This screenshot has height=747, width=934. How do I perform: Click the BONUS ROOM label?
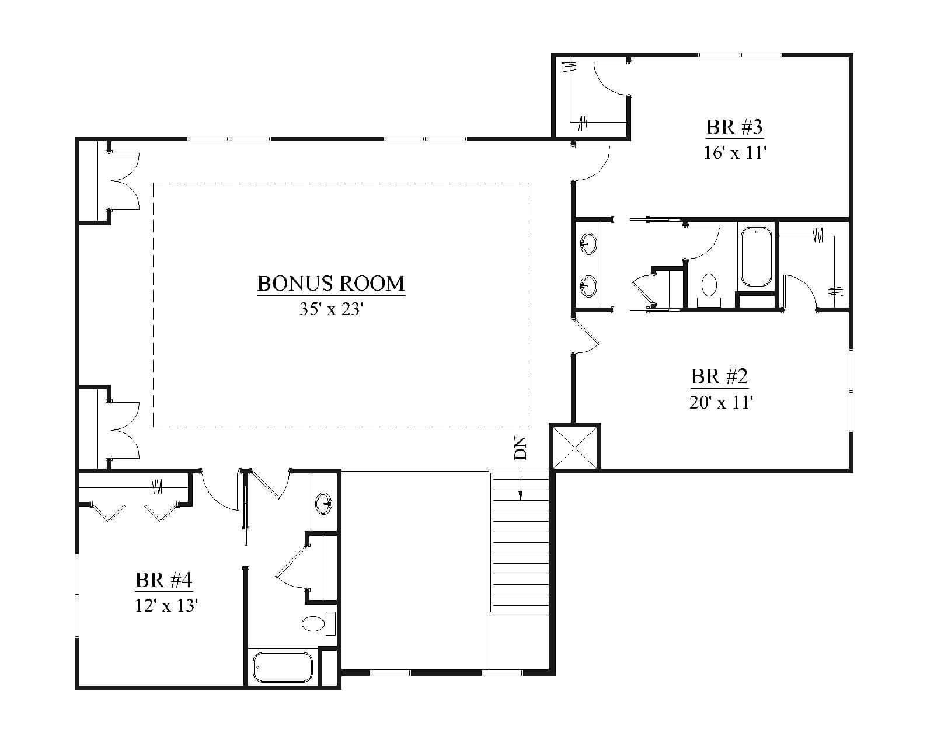click(x=331, y=284)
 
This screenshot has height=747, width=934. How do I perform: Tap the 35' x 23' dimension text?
click(x=331, y=309)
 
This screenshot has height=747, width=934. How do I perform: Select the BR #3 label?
click(x=734, y=127)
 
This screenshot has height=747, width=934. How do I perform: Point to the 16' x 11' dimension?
click(x=734, y=153)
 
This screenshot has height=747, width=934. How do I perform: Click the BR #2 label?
click(x=720, y=376)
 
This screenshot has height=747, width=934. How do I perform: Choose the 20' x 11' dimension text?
click(x=720, y=402)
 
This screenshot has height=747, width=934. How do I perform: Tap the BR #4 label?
click(x=163, y=580)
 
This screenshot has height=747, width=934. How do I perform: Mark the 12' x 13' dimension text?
click(x=167, y=606)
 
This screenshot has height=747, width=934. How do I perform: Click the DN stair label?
click(x=520, y=448)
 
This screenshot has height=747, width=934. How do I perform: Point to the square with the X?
click(x=575, y=447)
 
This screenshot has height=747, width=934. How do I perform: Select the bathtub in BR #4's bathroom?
click(x=283, y=667)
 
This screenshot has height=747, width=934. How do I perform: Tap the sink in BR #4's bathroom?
click(x=323, y=503)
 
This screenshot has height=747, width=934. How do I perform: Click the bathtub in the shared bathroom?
click(x=756, y=257)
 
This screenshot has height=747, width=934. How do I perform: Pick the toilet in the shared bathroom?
click(x=709, y=291)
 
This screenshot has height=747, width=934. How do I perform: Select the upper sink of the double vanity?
click(x=588, y=243)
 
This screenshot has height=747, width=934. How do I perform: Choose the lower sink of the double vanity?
click(x=588, y=287)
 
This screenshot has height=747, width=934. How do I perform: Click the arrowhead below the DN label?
click(x=521, y=495)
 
